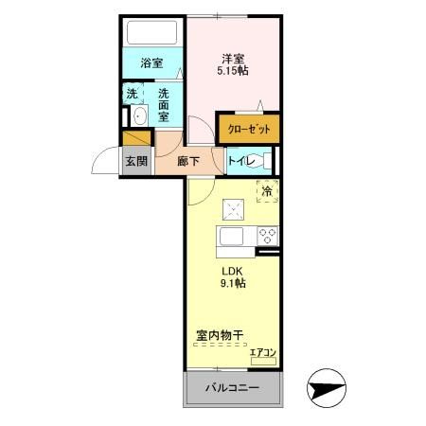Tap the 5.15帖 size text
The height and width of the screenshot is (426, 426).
click(x=233, y=72)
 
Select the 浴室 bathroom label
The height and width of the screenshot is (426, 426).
click(x=151, y=63)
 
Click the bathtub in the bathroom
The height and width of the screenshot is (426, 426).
click(x=152, y=34)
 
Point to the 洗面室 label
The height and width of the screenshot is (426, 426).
click(x=164, y=104)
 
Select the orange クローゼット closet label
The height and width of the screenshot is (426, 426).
click(x=249, y=129)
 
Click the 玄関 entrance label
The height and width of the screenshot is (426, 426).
click(x=136, y=161)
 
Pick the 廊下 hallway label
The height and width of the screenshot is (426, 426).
click(x=188, y=161)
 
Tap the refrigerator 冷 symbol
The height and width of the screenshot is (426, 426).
click(x=267, y=190)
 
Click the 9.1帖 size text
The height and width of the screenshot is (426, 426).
click(x=233, y=282)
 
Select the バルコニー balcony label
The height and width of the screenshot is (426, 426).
click(x=233, y=389)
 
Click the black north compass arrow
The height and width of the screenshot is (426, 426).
click(x=331, y=388)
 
